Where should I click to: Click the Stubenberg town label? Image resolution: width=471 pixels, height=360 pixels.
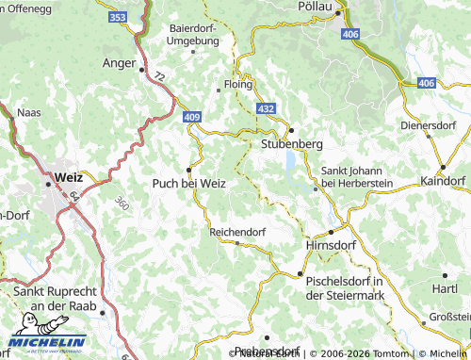(291, 144)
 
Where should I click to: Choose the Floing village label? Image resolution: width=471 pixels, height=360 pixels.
(240, 83)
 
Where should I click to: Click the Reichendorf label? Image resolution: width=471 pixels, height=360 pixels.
(237, 230)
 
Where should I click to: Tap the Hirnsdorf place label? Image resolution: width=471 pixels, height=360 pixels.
(333, 244)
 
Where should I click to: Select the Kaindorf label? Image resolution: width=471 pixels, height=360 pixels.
(444, 179)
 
